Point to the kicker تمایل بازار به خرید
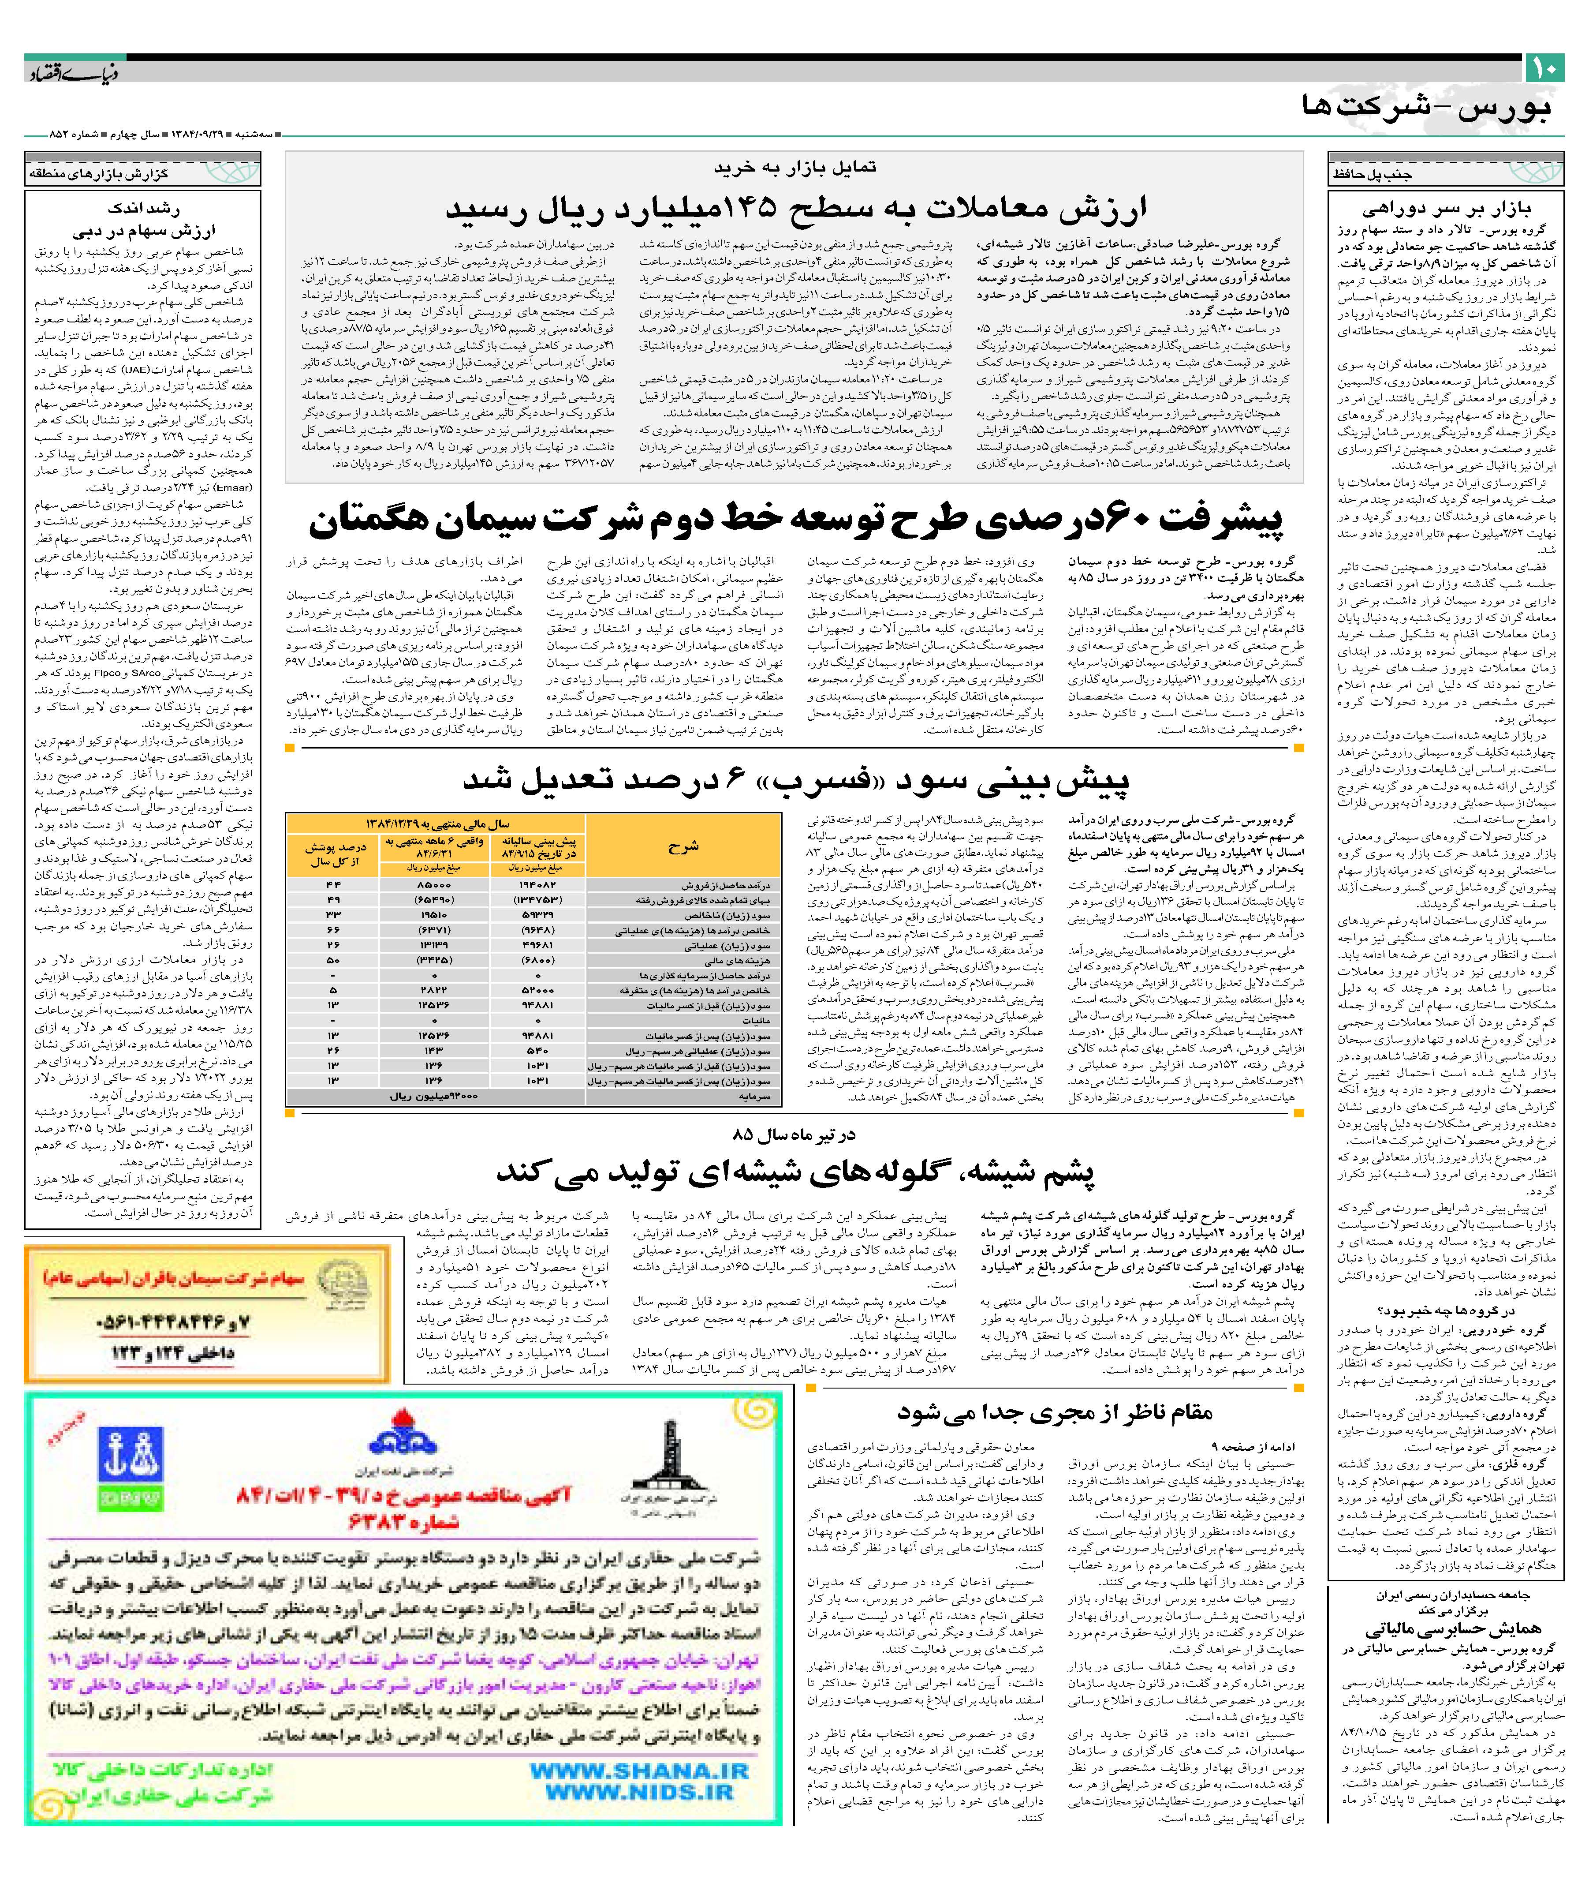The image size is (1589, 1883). pos(794,168)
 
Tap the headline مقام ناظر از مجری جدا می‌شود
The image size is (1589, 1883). pos(1054,1412)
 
